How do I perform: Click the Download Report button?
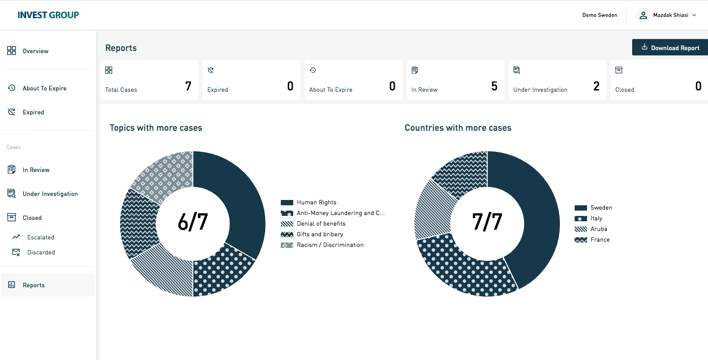pos(670,47)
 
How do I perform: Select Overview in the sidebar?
pos(35,51)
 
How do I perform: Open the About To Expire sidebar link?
pos(44,88)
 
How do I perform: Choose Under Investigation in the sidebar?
pos(50,194)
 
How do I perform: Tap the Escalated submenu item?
pos(40,237)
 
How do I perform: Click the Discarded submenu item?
pos(41,252)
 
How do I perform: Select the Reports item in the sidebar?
pos(34,285)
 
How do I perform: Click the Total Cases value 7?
pos(188,86)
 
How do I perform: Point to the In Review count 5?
pos(494,86)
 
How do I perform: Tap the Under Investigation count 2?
pos(596,86)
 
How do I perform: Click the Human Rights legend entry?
pos(316,202)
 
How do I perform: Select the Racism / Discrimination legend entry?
pos(330,245)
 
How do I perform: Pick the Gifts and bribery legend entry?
pos(320,234)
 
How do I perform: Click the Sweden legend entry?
pos(601,207)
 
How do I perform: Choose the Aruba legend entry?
pos(598,229)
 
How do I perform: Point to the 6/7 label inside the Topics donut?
pos(193,222)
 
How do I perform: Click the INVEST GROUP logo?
pos(48,15)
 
